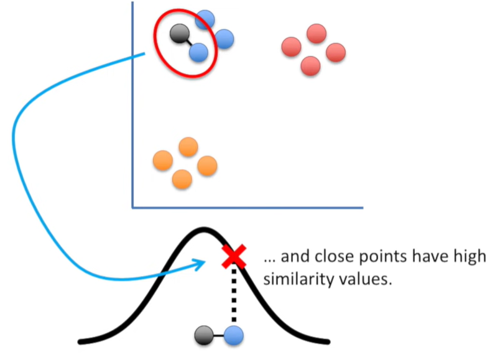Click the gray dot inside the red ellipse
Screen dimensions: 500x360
tap(179, 33)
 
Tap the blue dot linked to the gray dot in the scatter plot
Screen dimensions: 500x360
tap(198, 52)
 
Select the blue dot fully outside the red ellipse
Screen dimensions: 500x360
tap(224, 40)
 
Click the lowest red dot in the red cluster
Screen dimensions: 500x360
tap(310, 65)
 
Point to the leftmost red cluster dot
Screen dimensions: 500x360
tap(292, 47)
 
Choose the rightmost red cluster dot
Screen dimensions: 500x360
tap(335, 52)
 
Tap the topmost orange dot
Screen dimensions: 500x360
tap(188, 147)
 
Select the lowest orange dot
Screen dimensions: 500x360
tap(182, 179)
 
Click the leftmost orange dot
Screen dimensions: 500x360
tap(163, 161)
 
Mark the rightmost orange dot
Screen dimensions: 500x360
tap(206, 165)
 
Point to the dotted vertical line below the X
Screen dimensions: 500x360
tap(234, 295)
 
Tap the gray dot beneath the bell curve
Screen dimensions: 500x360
tap(203, 336)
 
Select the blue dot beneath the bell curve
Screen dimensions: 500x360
tap(234, 336)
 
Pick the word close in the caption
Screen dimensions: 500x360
tap(338, 256)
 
